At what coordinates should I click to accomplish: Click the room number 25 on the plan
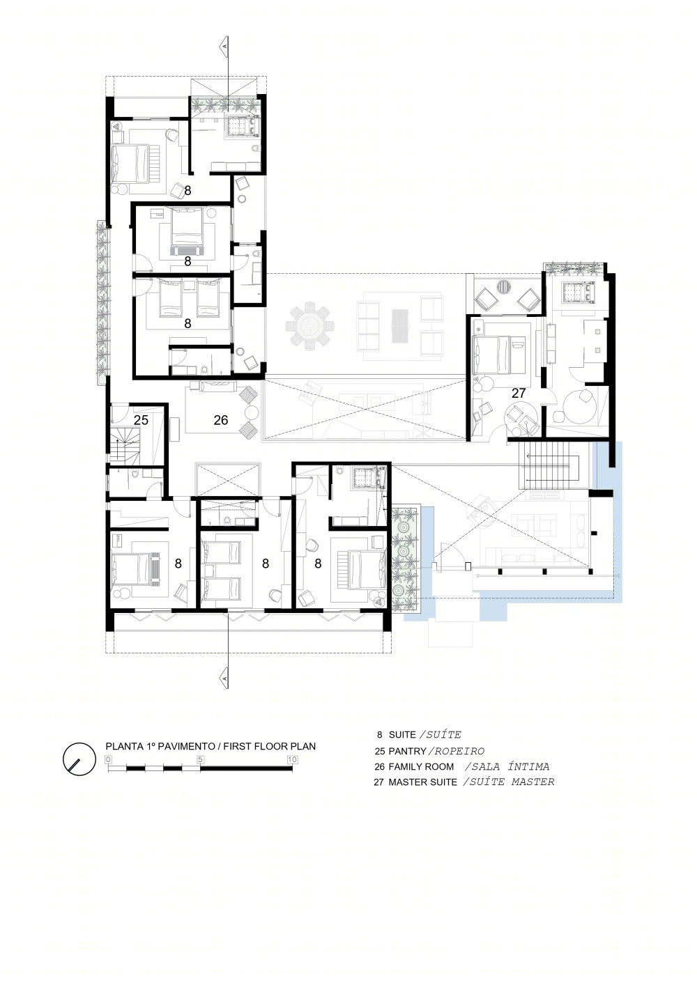(141, 420)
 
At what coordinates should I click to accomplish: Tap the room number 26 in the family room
(221, 420)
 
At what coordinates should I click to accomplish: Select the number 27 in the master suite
(519, 393)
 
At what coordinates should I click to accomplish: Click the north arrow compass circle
(79, 759)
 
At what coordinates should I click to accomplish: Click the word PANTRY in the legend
(408, 751)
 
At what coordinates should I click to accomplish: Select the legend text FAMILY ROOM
(421, 767)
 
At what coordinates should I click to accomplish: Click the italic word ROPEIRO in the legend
(459, 751)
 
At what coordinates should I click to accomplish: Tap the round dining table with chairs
(309, 326)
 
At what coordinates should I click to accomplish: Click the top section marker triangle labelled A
(224, 46)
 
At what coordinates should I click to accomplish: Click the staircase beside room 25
(124, 447)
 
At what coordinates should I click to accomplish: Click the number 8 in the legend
(379, 735)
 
